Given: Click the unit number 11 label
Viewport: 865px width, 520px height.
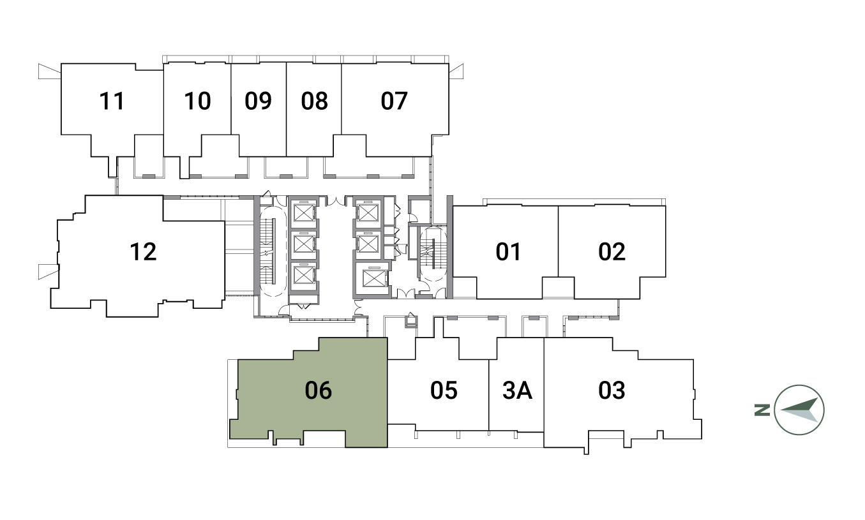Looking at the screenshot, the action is (112, 101).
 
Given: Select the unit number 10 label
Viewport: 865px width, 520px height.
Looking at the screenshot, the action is (197, 101).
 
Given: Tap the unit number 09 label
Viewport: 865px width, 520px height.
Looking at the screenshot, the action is (259, 101).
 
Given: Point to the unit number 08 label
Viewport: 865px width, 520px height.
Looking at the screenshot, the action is (314, 101).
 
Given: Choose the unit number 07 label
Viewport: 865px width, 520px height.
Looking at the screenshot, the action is (394, 101).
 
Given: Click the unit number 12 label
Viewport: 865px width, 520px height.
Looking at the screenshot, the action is (143, 251).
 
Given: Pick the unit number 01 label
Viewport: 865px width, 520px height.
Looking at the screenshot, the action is (508, 251).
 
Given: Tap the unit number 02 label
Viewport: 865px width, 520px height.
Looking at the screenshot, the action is (612, 251).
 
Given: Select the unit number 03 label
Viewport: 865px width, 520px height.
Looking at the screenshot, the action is (612, 390).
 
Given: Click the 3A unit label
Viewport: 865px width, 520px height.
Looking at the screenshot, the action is (518, 390).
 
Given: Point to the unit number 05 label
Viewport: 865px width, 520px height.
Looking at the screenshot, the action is (444, 390).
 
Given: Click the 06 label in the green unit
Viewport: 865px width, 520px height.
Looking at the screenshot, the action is (318, 390).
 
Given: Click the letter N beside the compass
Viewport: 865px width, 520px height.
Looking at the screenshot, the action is (762, 410).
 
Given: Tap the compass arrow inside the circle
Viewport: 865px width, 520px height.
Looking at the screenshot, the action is (799, 410).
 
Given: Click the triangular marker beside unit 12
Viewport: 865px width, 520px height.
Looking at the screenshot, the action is (49, 271).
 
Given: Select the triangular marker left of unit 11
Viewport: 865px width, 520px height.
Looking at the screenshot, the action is (49, 71).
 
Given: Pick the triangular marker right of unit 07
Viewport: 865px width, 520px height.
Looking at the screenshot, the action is (456, 71).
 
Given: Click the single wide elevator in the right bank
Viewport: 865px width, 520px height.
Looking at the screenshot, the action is (373, 278).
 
